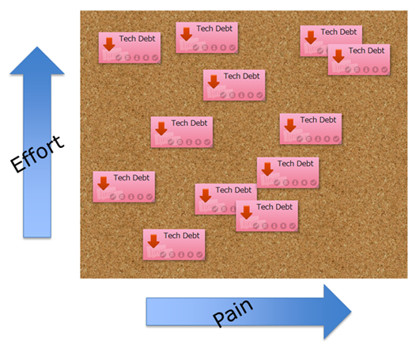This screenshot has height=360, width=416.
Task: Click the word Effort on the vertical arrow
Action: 37,154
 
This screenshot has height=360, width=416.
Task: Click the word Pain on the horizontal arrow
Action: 233,313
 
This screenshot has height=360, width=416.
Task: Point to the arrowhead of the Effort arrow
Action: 37,61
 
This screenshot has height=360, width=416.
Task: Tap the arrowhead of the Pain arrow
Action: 338,312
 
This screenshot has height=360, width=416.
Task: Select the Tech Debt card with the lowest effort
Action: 174,244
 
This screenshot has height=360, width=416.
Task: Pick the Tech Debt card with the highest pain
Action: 359,59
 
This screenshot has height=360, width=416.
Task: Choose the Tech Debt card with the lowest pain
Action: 124,187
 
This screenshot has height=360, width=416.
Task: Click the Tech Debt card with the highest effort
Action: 206,38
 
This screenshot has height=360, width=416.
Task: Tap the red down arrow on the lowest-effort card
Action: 153,241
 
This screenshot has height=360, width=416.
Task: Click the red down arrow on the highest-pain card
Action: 338,56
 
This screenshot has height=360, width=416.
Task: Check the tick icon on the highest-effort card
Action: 233,47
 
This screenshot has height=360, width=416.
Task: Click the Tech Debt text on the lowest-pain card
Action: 131,177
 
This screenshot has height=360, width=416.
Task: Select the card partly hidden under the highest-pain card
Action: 331,41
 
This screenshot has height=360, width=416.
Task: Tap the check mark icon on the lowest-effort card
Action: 199,255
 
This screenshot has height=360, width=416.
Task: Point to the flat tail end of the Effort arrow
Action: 37,237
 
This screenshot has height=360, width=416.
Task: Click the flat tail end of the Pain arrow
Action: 147,312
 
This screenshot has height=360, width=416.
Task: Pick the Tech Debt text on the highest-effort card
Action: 214,28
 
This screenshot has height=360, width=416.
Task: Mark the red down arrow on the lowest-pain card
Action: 104,184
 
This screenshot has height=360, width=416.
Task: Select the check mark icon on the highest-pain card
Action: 384,70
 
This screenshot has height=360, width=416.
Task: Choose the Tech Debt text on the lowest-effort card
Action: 182,236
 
